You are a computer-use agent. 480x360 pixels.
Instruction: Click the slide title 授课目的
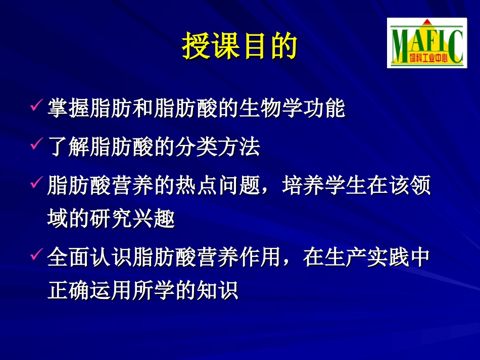click(x=239, y=47)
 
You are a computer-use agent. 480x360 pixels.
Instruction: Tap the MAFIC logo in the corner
click(x=427, y=42)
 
